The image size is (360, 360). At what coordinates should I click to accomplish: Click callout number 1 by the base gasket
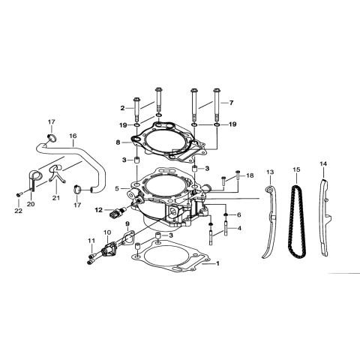(x=217, y=264)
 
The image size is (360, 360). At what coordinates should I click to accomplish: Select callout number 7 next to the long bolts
(x=232, y=101)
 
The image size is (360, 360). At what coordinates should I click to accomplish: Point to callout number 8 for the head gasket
(x=118, y=141)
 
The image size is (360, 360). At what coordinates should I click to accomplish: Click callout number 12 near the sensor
(x=97, y=211)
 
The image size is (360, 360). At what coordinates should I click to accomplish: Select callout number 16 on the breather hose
(x=73, y=137)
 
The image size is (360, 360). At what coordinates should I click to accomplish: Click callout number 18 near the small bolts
(x=250, y=175)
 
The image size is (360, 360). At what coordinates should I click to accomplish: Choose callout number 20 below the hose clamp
(x=31, y=204)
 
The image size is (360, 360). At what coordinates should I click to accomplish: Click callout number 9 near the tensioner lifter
(x=127, y=224)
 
